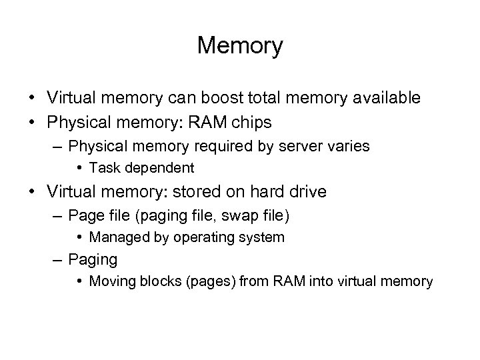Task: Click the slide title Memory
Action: click(x=240, y=46)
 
